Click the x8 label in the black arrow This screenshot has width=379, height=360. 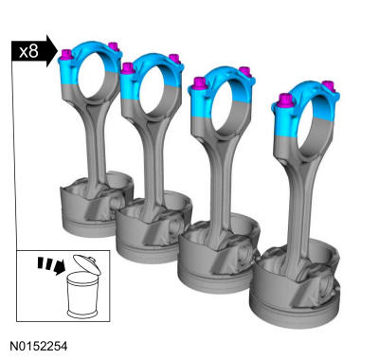point(28,51)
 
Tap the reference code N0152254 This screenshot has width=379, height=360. point(39,347)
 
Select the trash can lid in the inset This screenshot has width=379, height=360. point(87,264)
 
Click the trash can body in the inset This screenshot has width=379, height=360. point(82,295)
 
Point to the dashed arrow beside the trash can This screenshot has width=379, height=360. point(51,265)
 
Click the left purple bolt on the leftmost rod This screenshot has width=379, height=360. point(66,55)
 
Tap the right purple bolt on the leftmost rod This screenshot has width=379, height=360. point(113,46)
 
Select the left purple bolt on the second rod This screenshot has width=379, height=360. point(128,68)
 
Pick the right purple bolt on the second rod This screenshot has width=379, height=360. point(174,59)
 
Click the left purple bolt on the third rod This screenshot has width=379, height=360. point(200,83)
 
